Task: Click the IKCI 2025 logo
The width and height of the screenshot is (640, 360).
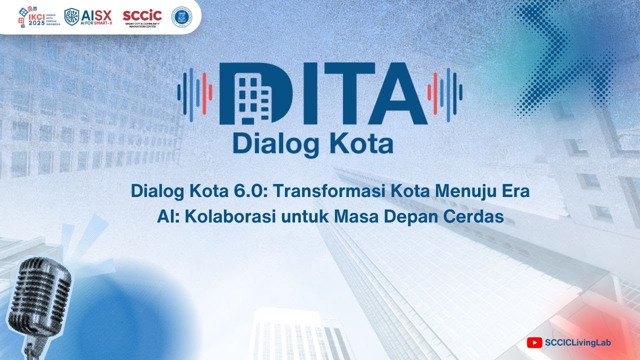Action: coord(39,17)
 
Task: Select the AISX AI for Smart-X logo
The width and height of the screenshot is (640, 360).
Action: coord(88,16)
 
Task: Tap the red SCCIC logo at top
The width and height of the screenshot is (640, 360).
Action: coord(142,16)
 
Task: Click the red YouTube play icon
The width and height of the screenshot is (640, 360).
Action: coord(534,342)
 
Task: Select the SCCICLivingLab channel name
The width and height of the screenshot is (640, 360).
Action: coord(577,342)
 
